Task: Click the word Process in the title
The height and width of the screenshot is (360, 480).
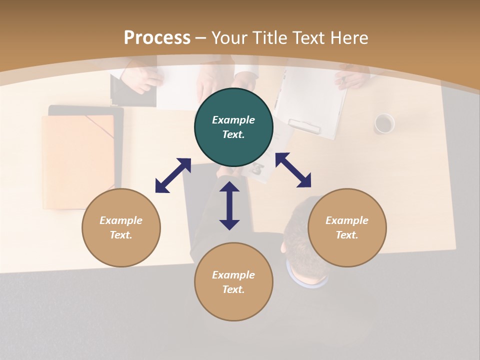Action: (x=157, y=38)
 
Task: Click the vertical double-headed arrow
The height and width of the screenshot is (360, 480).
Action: (x=229, y=205)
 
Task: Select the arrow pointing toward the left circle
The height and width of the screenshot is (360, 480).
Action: (x=173, y=175)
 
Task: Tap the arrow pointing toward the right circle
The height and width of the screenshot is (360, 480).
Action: (x=293, y=170)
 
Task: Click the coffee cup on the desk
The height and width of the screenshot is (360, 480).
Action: (x=384, y=123)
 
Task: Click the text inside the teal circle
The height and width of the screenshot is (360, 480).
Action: (x=233, y=127)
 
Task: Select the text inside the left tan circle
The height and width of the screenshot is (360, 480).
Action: (x=121, y=227)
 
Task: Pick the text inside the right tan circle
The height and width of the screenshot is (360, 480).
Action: (x=347, y=227)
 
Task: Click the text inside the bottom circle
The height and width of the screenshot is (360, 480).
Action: (x=233, y=282)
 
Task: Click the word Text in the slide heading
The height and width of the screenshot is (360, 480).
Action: (x=307, y=38)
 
